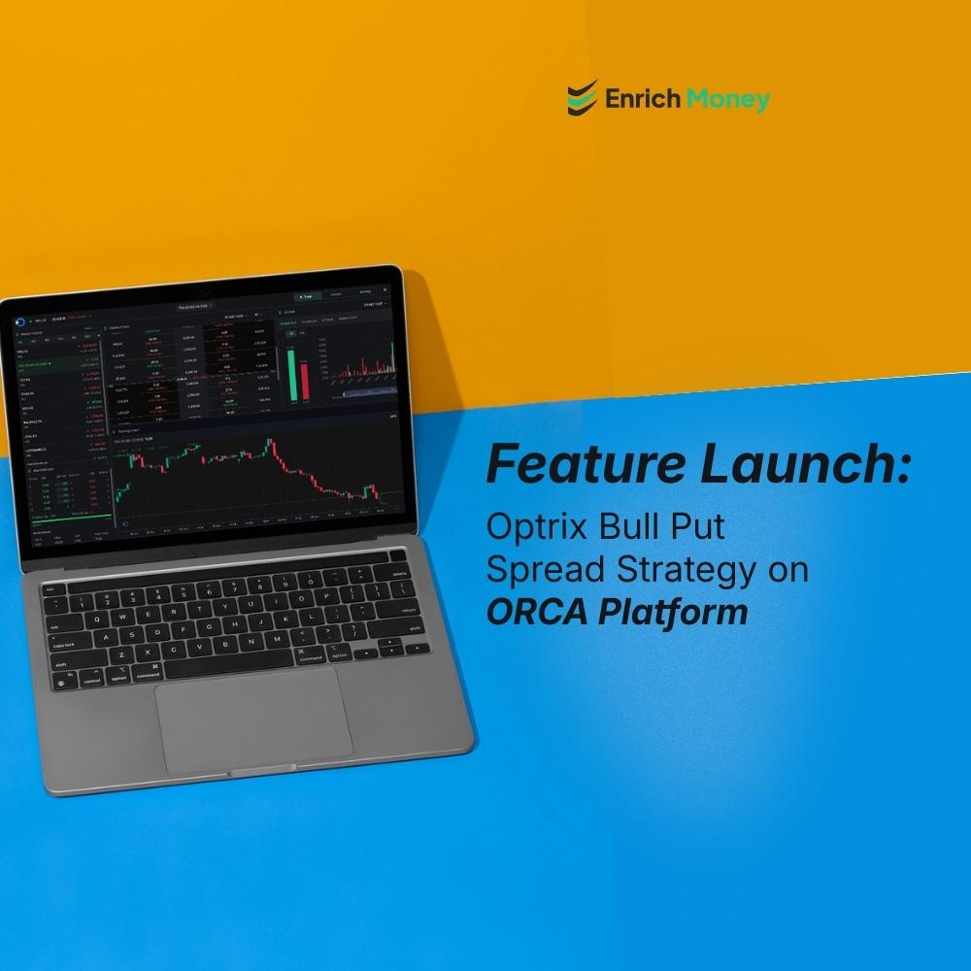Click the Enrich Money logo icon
[x=582, y=99]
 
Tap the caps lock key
[x=68, y=645]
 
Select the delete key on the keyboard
[x=398, y=574]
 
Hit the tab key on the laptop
[x=58, y=626]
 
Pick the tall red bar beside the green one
[x=304, y=381]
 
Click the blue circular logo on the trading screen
[x=21, y=319]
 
